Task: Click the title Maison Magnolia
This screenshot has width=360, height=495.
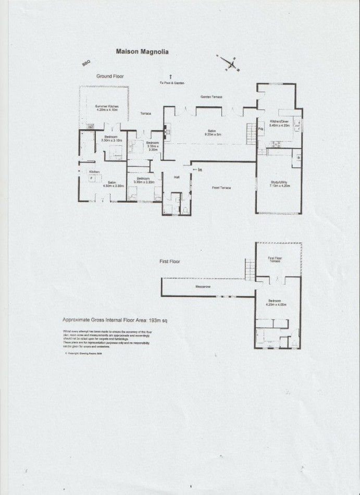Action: coord(141,52)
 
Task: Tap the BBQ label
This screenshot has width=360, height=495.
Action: coord(86,63)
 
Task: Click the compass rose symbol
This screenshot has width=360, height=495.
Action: coord(229,64)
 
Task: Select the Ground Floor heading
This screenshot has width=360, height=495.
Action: coord(110,76)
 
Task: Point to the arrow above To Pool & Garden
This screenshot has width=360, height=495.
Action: coord(170,77)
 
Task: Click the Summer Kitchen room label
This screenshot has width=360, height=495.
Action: coord(107,108)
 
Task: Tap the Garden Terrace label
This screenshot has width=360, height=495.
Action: coord(212,97)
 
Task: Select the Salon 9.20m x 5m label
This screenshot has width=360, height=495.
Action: coord(212,132)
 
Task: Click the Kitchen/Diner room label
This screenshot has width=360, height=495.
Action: coord(279,125)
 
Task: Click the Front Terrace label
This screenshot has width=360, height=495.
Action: coord(221,188)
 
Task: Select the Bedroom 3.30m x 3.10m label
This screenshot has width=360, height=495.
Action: coord(110,139)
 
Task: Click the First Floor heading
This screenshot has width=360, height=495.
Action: coord(170,262)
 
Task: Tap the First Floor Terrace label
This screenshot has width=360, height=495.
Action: coord(275,259)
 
